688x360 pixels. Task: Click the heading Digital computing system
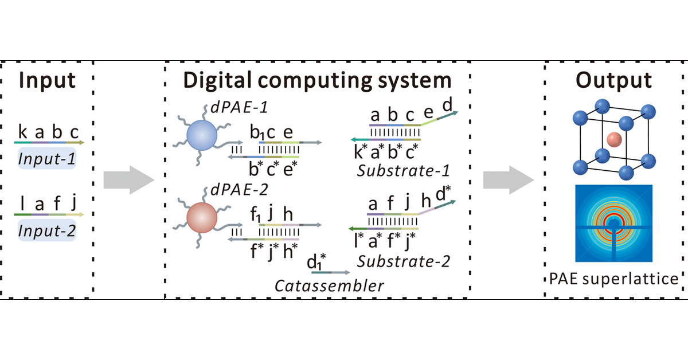[x=317, y=80]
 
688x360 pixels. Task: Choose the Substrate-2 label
[x=403, y=261]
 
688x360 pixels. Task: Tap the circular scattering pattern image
[x=613, y=224]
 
